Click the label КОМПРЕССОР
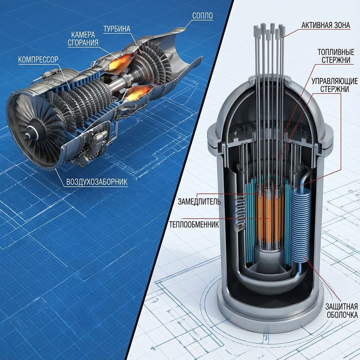pos(38,59)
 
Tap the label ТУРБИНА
pos(117,28)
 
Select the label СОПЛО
pos(204,16)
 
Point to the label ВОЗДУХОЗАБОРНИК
pos(97,182)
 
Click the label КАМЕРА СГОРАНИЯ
pos(85,39)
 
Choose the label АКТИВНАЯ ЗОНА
pos(326,25)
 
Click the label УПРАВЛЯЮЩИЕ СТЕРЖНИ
pos(330,85)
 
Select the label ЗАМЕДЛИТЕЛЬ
pos(199,202)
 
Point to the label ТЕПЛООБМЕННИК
pos(194,224)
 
